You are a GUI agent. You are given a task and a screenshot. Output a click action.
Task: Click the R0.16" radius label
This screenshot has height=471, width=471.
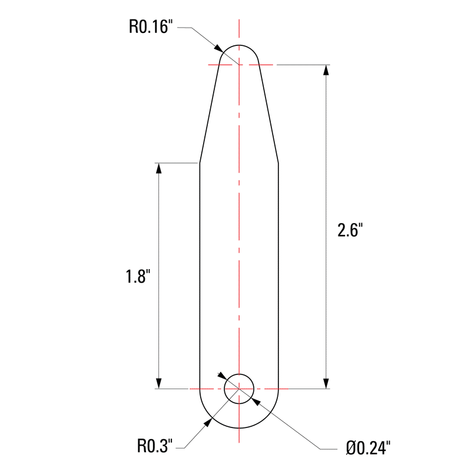[151, 26]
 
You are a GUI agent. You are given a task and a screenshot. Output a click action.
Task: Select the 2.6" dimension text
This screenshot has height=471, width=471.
[350, 230]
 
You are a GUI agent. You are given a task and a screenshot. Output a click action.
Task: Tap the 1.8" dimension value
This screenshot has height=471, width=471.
[138, 276]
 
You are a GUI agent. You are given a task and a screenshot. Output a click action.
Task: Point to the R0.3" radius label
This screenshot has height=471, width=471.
[155, 446]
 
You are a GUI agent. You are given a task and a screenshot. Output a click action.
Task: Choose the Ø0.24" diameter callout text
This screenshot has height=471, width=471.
[369, 448]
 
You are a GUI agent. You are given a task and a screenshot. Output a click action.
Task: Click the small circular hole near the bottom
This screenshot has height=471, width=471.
[239, 374]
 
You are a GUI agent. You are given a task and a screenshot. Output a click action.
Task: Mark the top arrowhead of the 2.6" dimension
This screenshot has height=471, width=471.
[326, 69]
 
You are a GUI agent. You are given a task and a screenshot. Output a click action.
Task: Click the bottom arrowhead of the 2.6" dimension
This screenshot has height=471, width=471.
[326, 383]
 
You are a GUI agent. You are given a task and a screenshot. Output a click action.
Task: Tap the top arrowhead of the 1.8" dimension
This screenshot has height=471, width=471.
[158, 168]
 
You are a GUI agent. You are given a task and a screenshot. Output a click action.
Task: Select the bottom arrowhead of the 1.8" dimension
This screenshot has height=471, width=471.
[158, 383]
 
